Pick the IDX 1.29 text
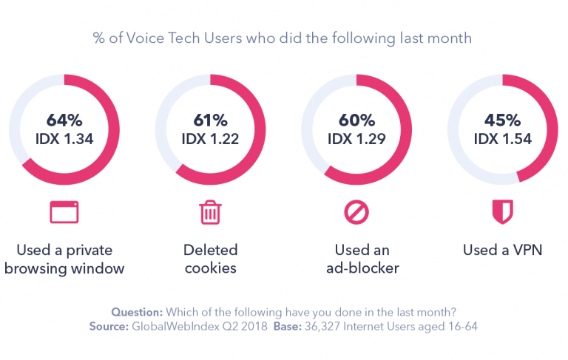click(358, 139)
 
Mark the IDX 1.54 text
click(503, 139)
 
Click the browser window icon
click(64, 212)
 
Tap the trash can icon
click(210, 212)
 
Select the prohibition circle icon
click(356, 212)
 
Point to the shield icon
click(503, 212)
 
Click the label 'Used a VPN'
click(503, 250)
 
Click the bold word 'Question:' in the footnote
click(137, 312)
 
